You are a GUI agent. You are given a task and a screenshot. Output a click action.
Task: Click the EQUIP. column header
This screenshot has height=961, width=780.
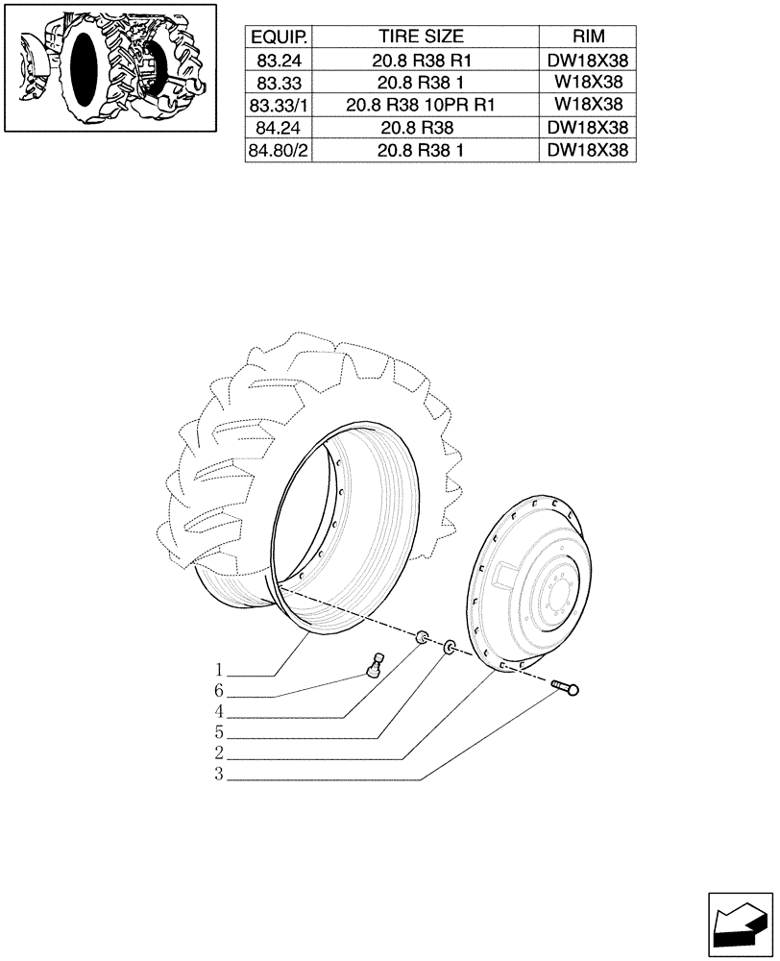(x=279, y=37)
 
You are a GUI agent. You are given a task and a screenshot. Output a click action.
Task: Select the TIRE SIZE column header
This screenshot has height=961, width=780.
(x=421, y=37)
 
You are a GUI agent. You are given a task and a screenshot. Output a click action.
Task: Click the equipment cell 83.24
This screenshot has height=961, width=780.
(x=279, y=60)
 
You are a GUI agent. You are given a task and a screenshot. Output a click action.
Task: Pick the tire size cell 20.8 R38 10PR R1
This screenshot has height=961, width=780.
(x=421, y=105)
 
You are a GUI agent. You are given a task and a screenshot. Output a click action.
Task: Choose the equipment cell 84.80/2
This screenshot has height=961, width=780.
(x=279, y=150)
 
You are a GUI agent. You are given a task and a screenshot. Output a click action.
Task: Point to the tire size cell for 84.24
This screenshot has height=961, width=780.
(x=421, y=127)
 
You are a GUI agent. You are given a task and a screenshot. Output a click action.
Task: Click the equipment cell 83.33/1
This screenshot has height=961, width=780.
(x=279, y=105)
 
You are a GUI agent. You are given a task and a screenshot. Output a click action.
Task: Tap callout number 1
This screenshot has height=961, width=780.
(x=220, y=670)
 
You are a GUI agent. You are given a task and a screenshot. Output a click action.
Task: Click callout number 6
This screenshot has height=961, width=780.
(x=220, y=691)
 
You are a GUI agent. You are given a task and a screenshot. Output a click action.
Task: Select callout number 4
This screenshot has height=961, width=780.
(x=220, y=712)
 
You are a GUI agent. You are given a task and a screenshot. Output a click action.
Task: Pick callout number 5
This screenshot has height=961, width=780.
(x=220, y=733)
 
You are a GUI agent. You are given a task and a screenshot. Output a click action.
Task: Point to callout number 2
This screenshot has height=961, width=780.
(x=220, y=754)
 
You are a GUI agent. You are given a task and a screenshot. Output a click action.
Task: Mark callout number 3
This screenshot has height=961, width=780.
(x=220, y=776)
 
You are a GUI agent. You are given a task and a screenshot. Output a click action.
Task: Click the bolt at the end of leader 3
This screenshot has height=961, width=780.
(x=568, y=686)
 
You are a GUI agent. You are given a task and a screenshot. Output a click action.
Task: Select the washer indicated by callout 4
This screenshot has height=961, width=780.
(x=423, y=637)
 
